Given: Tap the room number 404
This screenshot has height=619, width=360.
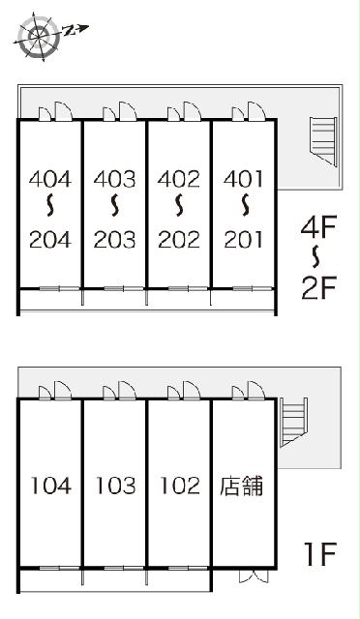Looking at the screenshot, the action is [x=50, y=179].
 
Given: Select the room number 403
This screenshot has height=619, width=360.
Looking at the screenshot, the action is [x=115, y=179].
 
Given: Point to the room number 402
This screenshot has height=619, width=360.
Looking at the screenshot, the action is [x=179, y=179].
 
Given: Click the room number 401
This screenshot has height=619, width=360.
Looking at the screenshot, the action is [x=244, y=179].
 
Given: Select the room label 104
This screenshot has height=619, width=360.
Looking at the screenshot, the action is [x=50, y=486].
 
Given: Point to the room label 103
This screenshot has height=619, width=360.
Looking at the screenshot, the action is [x=115, y=486].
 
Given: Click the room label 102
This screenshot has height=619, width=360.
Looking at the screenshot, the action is [x=179, y=486].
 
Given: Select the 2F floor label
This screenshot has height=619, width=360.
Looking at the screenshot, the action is [x=317, y=287].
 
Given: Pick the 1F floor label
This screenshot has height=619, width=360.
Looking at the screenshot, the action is [x=317, y=554].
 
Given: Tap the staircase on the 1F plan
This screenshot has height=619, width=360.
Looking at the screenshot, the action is [x=293, y=421].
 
